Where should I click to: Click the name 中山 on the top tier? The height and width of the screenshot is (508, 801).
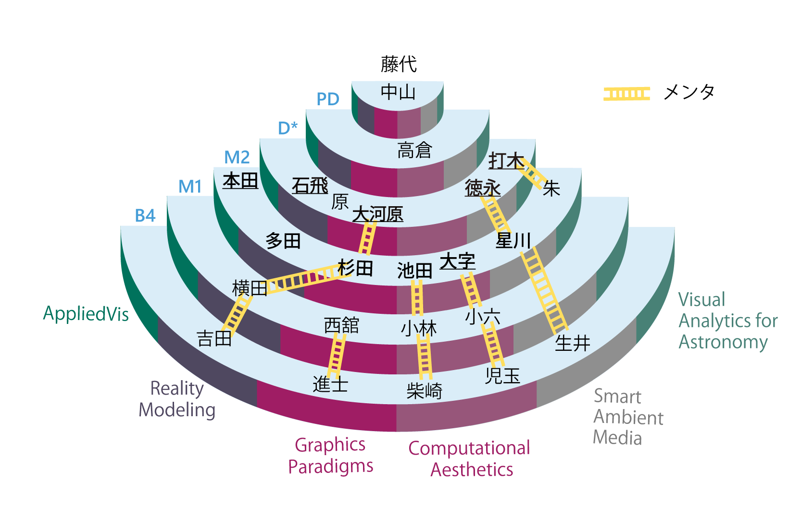(x=398, y=92)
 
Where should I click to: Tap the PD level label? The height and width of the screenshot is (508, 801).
(x=328, y=99)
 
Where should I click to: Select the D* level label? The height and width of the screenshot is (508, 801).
(x=288, y=128)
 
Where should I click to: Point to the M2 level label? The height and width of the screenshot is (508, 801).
(x=237, y=158)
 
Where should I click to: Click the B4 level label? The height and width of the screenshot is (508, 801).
(x=145, y=216)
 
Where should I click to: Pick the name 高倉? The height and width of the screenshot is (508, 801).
(x=414, y=150)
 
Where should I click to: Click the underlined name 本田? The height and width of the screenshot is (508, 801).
(x=240, y=181)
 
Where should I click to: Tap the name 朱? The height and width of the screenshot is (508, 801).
(x=551, y=188)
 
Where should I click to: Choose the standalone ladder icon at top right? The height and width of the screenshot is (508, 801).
(x=626, y=94)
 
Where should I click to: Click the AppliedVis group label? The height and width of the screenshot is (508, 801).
(x=86, y=314)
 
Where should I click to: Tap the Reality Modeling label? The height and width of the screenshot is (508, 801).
(x=177, y=399)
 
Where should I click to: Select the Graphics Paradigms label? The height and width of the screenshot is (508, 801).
(x=331, y=455)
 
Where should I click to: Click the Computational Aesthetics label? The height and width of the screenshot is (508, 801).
(x=470, y=458)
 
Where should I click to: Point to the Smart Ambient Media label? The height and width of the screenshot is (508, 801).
(x=628, y=417)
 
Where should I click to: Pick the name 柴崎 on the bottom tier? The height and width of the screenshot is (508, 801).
(x=424, y=391)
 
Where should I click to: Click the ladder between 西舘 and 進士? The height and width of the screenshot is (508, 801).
(x=337, y=355)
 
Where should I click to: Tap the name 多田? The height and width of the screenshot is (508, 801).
(x=283, y=240)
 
